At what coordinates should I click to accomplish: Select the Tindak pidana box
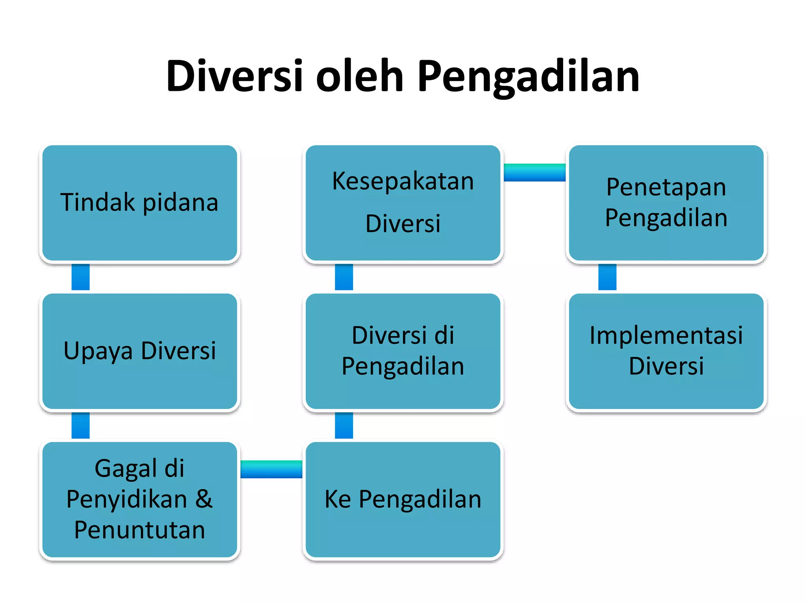tap(140, 203)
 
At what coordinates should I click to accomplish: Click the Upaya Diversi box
tap(140, 351)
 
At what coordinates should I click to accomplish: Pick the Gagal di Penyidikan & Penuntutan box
tap(140, 499)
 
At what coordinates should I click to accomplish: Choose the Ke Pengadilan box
tap(403, 499)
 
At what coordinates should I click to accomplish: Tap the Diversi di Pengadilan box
tap(403, 351)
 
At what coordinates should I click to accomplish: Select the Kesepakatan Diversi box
tap(403, 203)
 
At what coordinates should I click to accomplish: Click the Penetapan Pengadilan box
tap(666, 203)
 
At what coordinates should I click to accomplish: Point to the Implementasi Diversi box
tap(666, 351)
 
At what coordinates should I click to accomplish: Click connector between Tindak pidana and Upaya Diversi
tap(81, 277)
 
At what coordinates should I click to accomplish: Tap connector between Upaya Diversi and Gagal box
tap(81, 425)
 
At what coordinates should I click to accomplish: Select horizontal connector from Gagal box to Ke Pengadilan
tap(271, 469)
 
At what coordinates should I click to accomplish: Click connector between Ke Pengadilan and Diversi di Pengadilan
tap(344, 425)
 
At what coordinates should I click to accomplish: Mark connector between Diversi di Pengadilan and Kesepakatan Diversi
tap(344, 277)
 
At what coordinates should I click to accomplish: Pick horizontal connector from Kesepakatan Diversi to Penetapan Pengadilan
tap(534, 173)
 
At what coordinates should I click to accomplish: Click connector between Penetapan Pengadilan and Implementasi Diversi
tap(607, 277)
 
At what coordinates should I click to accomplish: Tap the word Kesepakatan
tap(403, 181)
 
